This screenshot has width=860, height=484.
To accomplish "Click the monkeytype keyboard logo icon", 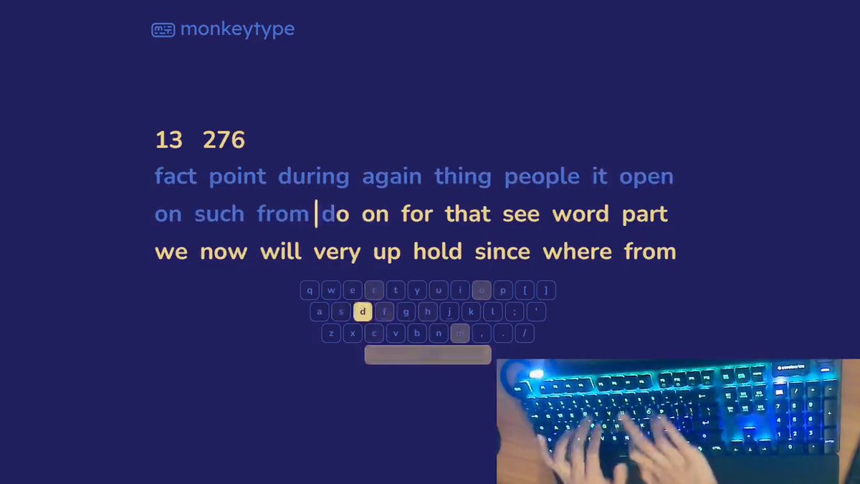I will pos(163,30).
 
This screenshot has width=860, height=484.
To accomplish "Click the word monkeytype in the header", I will pos(237,29).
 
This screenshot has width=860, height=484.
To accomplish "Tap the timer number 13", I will pos(168,140).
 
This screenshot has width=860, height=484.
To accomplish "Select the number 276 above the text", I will pos(224,140).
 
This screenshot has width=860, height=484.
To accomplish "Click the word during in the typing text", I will pos(313,176).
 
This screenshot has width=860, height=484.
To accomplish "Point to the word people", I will pos(542,176).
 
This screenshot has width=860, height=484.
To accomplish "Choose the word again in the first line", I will pos(391,177).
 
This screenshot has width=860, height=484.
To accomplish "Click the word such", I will pos(219,214).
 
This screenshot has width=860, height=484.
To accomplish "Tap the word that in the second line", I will pos(467,214).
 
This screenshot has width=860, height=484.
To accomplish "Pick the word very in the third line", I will pos(336,252).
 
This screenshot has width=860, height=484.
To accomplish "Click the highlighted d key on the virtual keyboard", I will pos(363,311).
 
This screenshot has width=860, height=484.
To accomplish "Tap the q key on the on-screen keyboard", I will pos(310,290).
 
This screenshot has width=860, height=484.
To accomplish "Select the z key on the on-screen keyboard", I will pos(330,333).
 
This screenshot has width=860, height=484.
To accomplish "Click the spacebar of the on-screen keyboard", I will pos(428,354).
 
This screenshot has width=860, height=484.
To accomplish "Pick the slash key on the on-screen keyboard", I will pos(525,333).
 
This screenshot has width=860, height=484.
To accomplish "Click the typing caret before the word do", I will pos(317,214).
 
